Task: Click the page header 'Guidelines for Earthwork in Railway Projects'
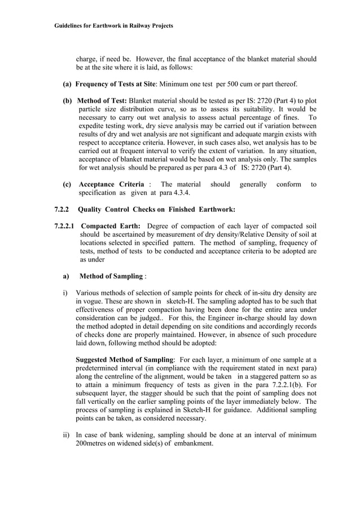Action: pos(113,26)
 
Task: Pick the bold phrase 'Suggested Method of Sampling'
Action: pos(124,360)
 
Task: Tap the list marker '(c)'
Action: pos(67,184)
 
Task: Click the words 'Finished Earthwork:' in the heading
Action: pos(203,210)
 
